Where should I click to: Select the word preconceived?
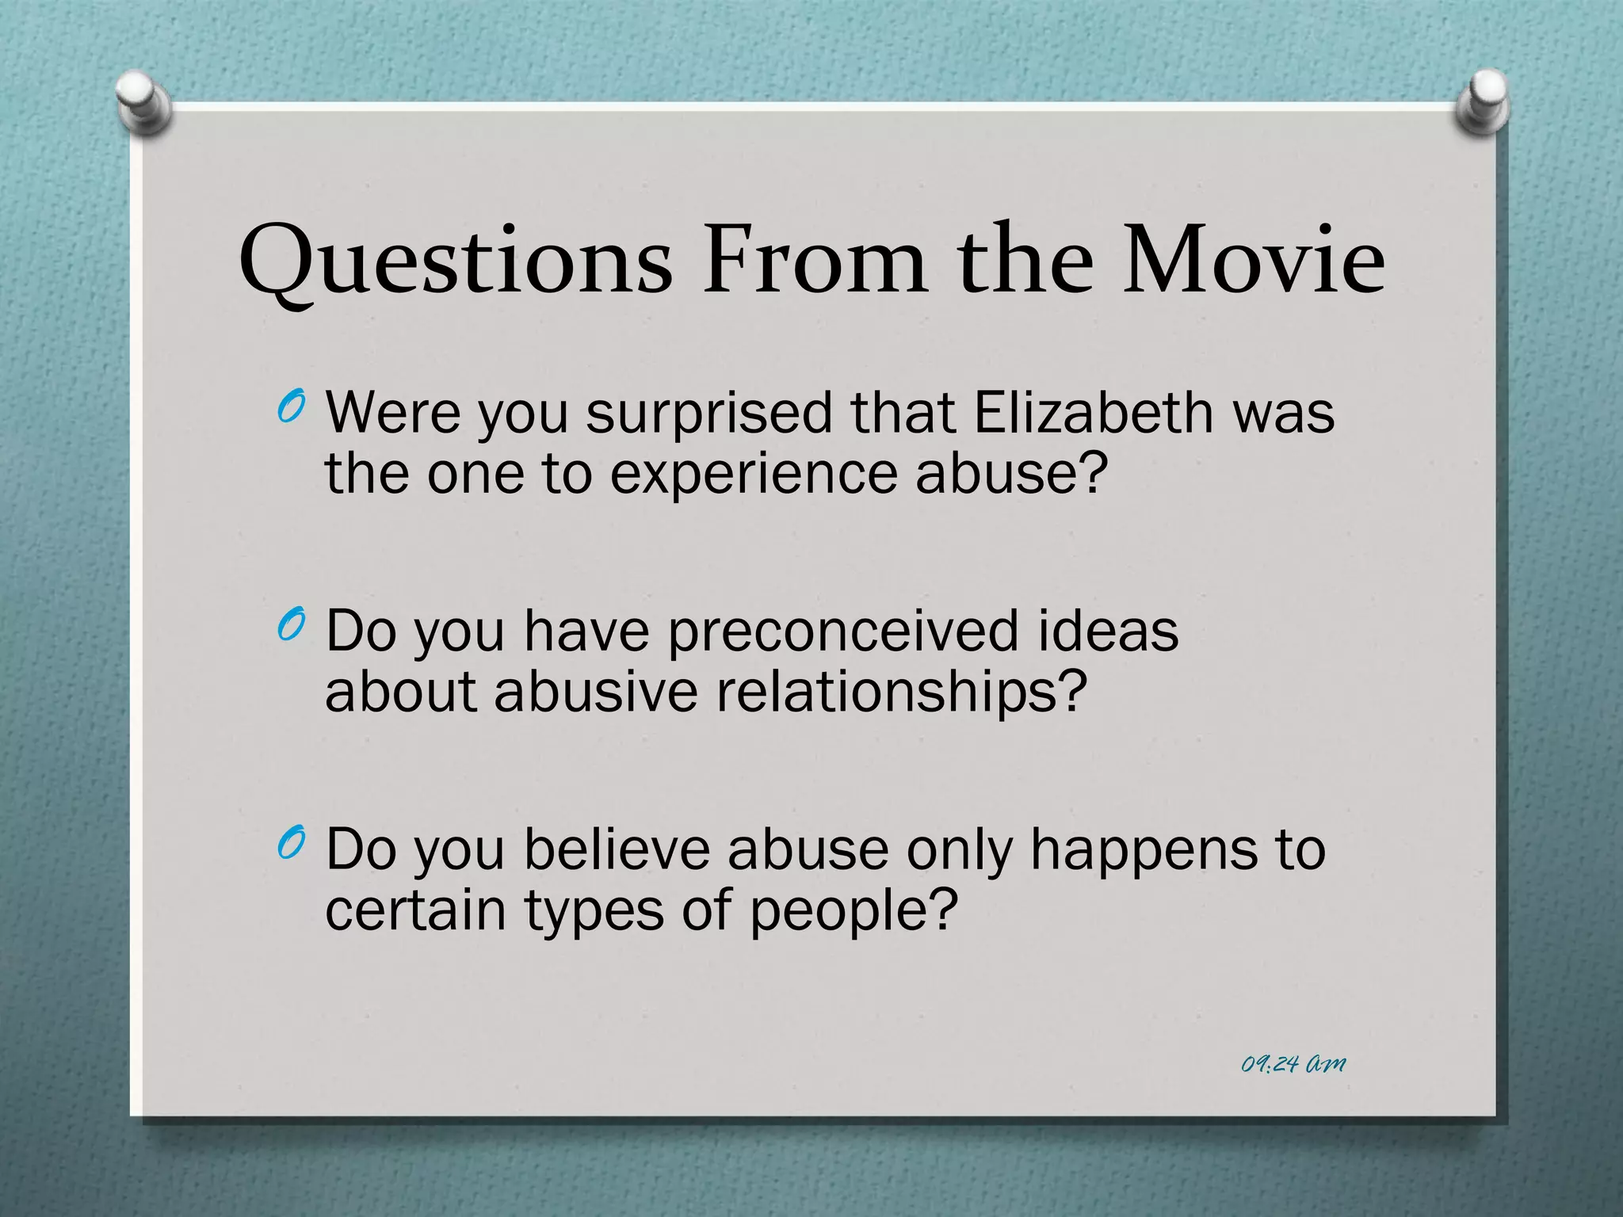pyautogui.click(x=842, y=632)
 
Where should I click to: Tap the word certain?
pyautogui.click(x=415, y=910)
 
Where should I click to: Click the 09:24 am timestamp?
pyautogui.click(x=1293, y=1064)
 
